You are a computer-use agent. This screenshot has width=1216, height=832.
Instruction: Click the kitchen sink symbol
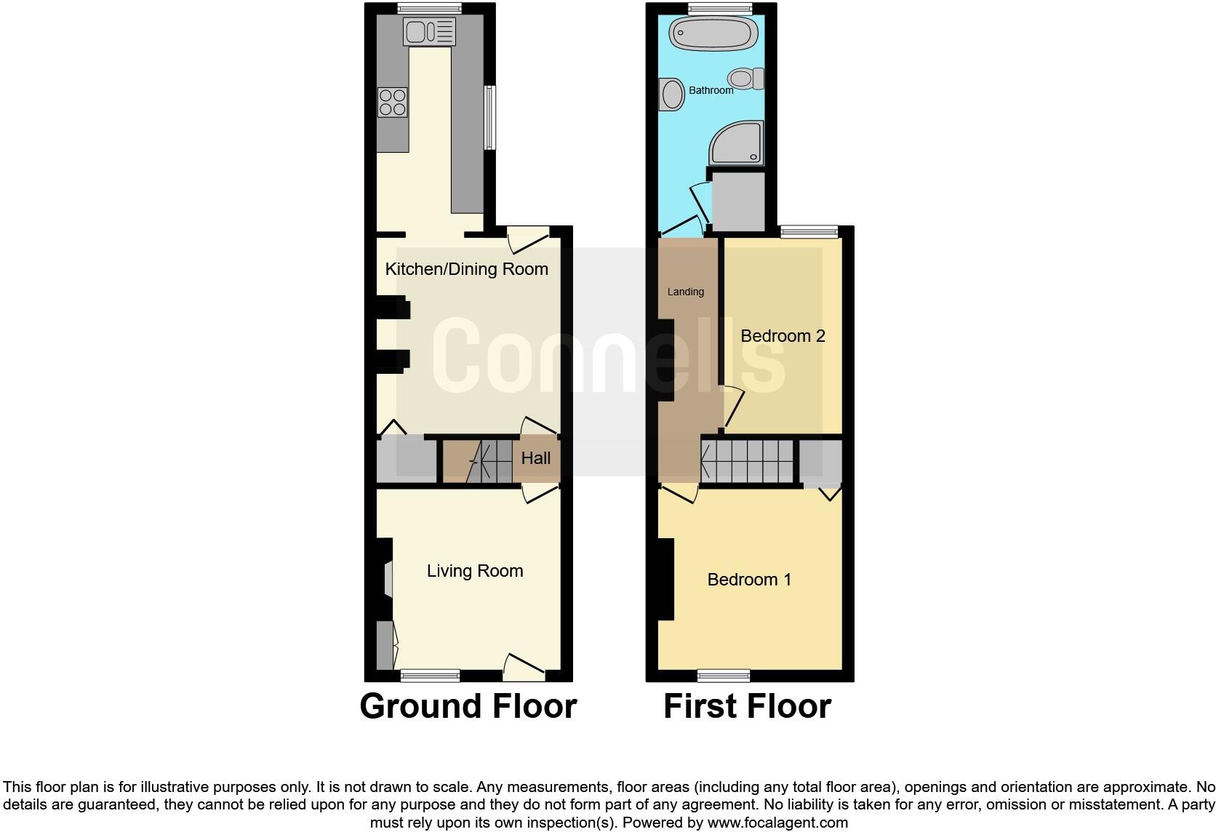click(x=429, y=31)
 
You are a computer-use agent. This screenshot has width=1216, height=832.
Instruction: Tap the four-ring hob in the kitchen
click(x=393, y=102)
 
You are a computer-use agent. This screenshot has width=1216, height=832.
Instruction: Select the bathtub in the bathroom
click(x=713, y=33)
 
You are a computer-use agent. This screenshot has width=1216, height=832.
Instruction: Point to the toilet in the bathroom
click(x=746, y=79)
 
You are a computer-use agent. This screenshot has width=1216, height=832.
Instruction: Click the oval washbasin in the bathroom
click(x=672, y=95)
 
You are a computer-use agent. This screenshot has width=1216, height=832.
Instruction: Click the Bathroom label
click(x=711, y=90)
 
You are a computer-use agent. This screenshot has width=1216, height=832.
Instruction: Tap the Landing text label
click(x=685, y=292)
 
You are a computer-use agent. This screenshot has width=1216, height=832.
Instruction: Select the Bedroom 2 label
click(x=783, y=336)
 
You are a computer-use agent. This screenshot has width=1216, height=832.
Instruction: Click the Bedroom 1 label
click(x=749, y=580)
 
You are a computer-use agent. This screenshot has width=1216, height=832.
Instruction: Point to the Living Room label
click(x=475, y=571)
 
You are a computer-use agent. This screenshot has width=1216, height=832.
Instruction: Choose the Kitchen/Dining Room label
click(x=466, y=269)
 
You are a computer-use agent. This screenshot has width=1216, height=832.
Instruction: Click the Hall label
click(x=536, y=458)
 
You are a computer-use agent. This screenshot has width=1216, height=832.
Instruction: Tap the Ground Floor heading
click(x=468, y=706)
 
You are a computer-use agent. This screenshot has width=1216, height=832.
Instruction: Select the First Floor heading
click(x=747, y=706)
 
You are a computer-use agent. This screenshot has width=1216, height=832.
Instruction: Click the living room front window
click(x=430, y=676)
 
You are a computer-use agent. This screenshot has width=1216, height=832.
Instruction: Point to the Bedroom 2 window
click(x=809, y=232)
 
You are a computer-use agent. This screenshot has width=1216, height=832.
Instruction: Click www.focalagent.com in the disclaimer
click(x=777, y=823)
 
